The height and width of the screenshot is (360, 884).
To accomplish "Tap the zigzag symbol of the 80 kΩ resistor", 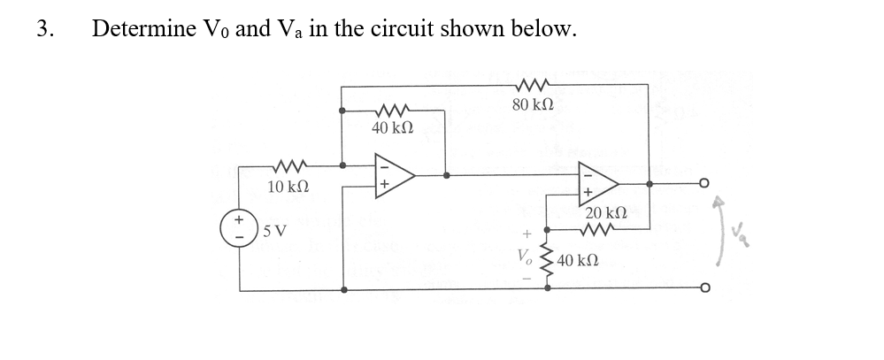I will (x=533, y=86).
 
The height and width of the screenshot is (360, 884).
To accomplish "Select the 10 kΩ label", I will (x=288, y=187).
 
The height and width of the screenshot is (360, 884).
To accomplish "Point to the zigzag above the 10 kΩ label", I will (x=288, y=165).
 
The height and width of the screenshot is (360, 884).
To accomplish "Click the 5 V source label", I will (x=277, y=232).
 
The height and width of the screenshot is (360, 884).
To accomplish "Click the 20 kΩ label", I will (x=607, y=213).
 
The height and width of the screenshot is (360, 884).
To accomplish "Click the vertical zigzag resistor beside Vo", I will (x=544, y=259).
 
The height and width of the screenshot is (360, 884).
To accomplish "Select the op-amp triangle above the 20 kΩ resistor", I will (x=596, y=182).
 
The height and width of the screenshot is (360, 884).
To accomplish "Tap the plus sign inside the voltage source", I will (x=239, y=218).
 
